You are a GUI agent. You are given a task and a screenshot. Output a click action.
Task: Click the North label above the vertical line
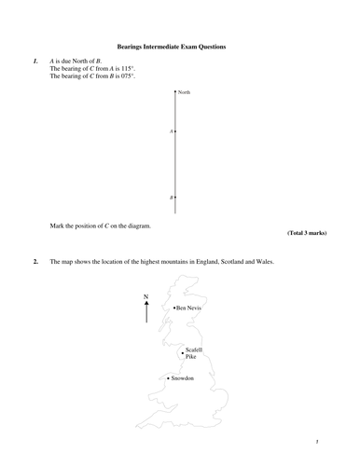pos(184,92)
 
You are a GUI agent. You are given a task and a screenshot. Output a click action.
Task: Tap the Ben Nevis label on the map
pos(189,307)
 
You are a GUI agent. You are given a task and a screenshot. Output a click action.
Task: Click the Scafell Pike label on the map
pos(193,352)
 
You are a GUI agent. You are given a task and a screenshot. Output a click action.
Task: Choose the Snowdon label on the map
pos(182,378)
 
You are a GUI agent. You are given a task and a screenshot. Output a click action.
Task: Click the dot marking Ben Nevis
pos(173,307)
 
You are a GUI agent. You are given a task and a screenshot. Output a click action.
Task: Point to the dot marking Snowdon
pos(167,378)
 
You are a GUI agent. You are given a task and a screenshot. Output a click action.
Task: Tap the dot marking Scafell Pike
pos(183,352)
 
